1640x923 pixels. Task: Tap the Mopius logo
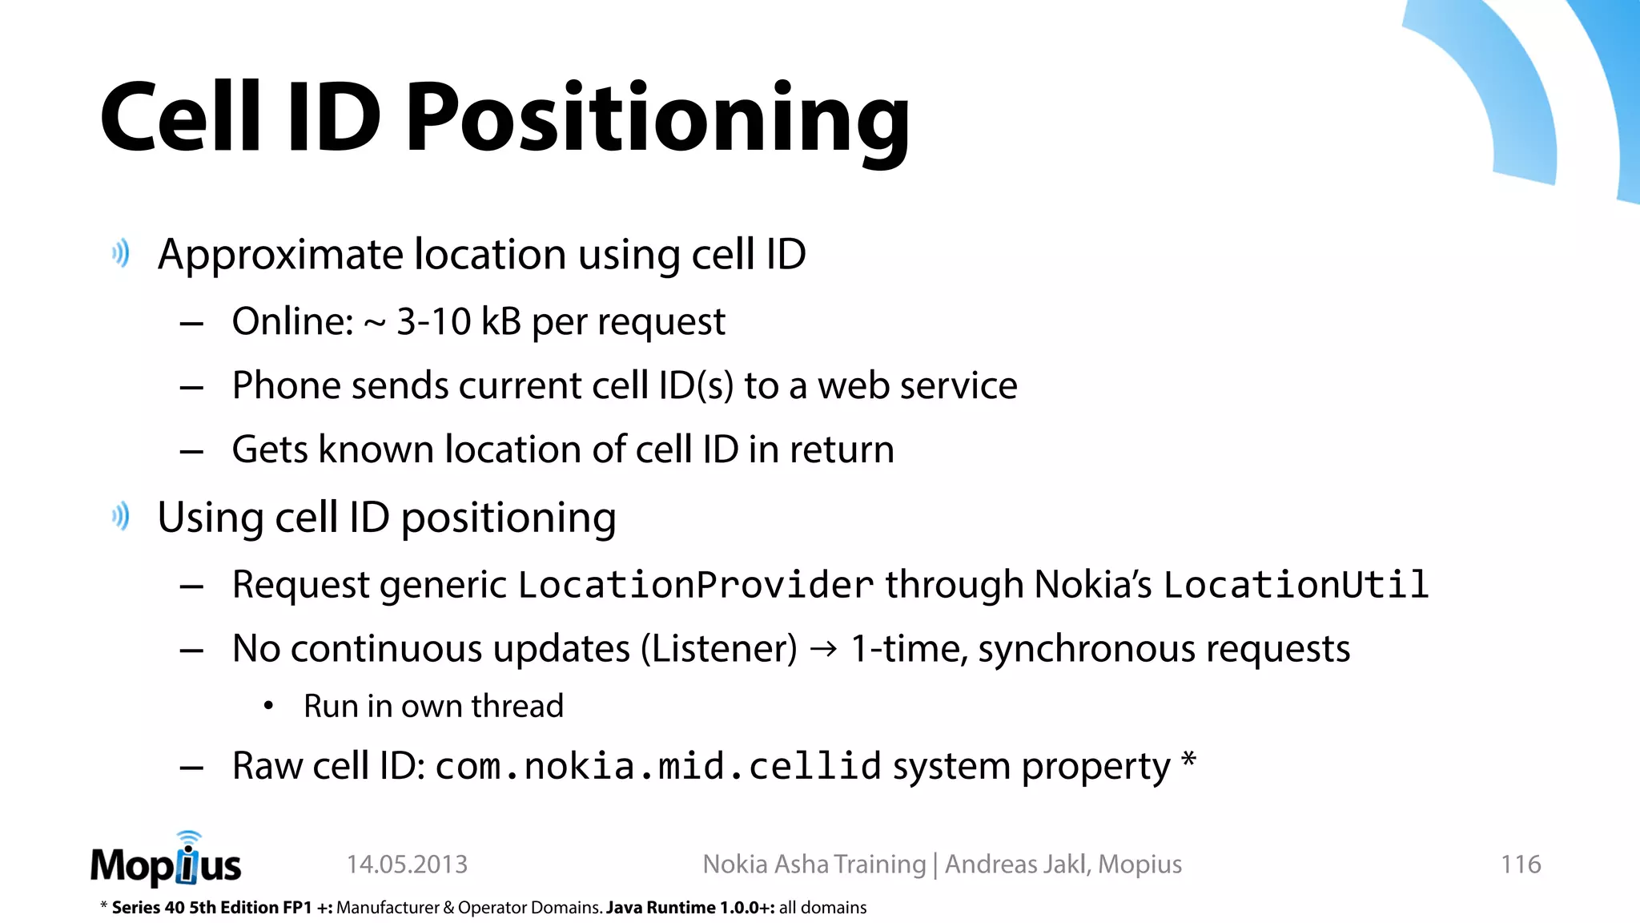[x=166, y=862]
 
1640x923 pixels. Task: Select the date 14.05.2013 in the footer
[x=407, y=865]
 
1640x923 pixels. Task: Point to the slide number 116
[x=1520, y=865]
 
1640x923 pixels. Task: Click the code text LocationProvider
[x=695, y=585]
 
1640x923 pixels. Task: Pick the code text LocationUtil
[x=1296, y=585]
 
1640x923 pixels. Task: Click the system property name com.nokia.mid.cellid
[x=658, y=767]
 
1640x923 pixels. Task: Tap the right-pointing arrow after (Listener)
[x=823, y=648]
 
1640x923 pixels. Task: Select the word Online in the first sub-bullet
[x=292, y=322]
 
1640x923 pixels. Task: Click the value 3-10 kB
[x=459, y=322]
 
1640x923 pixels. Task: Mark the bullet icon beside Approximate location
[x=121, y=254]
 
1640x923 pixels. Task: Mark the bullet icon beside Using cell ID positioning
[x=121, y=517]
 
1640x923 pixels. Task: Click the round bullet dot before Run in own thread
[x=269, y=706]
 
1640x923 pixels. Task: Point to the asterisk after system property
[x=1188, y=759]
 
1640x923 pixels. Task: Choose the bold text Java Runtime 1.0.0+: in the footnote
[x=690, y=908]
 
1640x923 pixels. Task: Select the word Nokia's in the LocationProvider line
[x=1092, y=585]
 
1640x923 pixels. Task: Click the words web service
[x=917, y=386]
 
